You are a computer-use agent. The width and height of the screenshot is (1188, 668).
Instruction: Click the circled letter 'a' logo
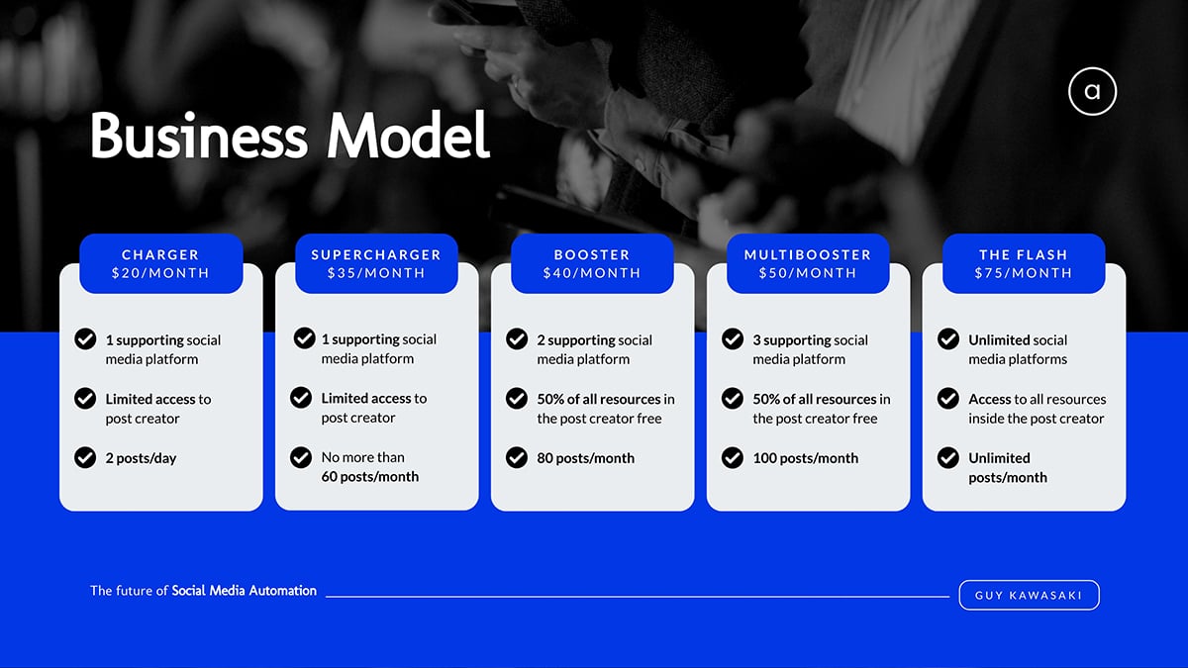click(1093, 91)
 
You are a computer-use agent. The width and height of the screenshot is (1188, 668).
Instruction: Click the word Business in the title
click(198, 135)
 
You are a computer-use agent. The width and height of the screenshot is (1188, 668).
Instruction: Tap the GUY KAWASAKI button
click(1029, 595)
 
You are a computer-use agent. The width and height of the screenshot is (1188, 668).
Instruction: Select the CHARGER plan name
click(160, 254)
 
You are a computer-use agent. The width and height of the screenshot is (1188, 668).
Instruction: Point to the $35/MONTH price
click(376, 273)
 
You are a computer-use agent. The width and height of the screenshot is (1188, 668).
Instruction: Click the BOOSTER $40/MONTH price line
click(592, 273)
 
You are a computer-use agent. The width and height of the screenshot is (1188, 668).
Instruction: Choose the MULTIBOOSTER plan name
click(808, 254)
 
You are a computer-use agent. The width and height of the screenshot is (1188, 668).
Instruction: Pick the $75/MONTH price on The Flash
click(1024, 273)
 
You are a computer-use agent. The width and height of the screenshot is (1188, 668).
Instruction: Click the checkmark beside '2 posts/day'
click(85, 457)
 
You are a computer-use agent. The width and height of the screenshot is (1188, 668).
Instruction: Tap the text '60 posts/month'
click(369, 477)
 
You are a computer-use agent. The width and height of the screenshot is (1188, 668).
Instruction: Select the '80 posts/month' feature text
click(585, 458)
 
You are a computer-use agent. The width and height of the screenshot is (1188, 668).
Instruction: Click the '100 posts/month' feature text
click(805, 458)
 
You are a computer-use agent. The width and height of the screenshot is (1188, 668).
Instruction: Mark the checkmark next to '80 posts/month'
click(517, 457)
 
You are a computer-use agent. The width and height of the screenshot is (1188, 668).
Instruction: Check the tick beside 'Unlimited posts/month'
click(948, 457)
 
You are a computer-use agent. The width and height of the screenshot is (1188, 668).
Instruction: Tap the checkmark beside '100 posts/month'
click(733, 457)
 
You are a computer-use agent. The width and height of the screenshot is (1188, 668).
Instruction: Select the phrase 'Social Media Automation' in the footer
click(244, 591)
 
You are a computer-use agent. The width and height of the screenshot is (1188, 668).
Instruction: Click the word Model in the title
click(408, 135)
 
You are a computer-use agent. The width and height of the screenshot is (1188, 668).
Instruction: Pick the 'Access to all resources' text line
click(1038, 399)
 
